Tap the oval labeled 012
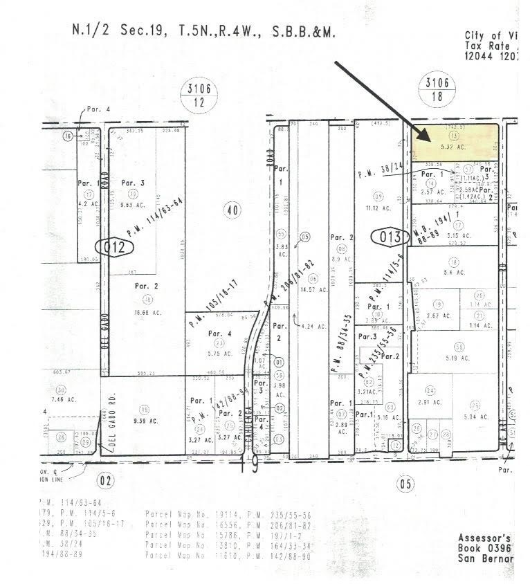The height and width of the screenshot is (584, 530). click(113, 248)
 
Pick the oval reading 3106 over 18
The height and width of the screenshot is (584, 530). click(441, 89)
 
